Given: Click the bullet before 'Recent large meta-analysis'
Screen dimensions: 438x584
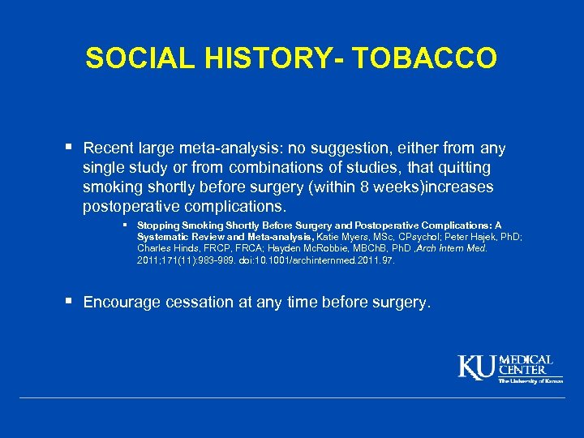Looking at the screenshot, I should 71,148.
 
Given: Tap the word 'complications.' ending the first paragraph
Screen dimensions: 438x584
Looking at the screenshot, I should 232,206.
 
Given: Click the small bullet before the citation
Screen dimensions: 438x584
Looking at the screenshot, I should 127,225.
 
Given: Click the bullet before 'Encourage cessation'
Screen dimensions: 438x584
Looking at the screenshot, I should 71,302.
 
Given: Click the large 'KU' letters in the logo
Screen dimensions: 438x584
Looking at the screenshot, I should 477,367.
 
